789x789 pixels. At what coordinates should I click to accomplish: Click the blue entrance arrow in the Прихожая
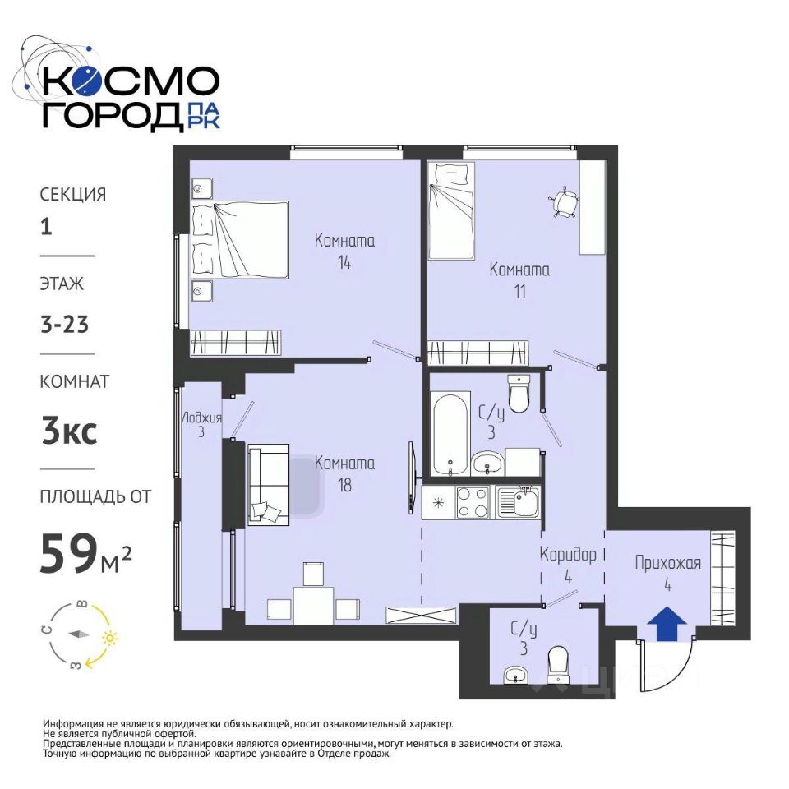[x=667, y=623]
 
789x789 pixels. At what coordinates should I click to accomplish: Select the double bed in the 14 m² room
[x=239, y=239]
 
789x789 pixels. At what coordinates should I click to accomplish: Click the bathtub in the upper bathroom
[x=451, y=434]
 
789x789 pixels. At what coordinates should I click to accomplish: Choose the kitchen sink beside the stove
[x=518, y=501]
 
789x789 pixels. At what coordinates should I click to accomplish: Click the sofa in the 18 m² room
[x=268, y=485]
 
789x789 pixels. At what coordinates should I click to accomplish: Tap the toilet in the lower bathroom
[x=557, y=665]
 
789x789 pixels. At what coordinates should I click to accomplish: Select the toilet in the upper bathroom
[x=519, y=393]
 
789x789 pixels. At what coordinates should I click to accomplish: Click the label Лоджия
[x=201, y=418]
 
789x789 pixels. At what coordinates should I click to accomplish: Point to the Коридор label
[x=568, y=555]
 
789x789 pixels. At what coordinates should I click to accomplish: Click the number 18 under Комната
[x=344, y=485]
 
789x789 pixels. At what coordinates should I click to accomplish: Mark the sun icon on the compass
[x=109, y=639]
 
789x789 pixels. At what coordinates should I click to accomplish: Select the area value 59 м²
[x=85, y=553]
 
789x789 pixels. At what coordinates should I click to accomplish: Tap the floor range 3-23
[x=64, y=324]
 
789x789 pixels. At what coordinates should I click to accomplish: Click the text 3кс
[x=69, y=431]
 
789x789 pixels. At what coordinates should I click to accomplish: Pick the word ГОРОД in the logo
[x=112, y=117]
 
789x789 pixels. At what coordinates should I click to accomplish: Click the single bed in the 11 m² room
[x=451, y=210]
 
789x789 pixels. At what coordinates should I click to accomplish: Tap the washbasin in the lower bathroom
[x=516, y=675]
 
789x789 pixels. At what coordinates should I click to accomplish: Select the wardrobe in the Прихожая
[x=723, y=578]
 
